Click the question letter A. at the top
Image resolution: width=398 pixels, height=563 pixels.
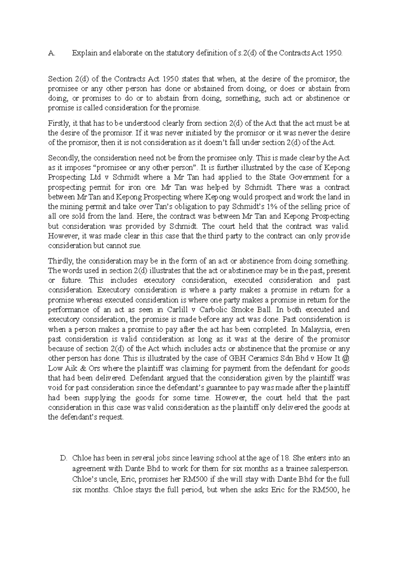(51, 53)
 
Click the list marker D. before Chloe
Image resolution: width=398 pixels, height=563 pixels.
(64, 459)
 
